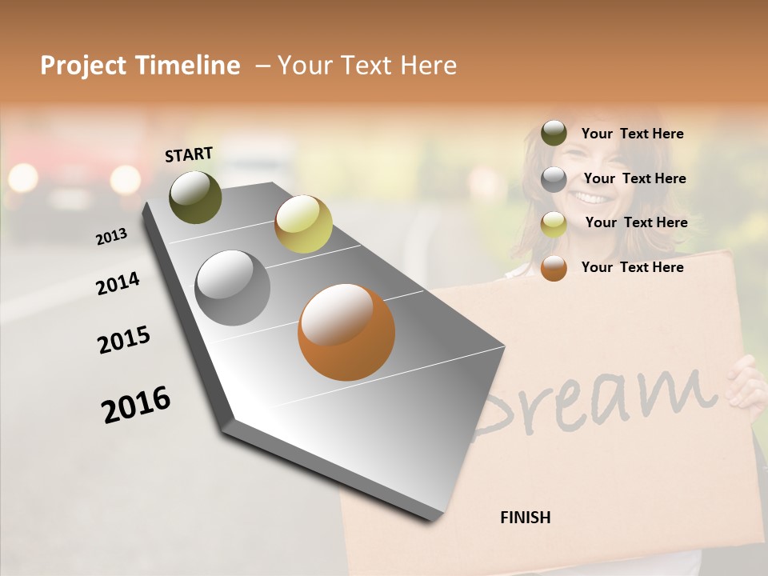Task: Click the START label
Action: click(189, 154)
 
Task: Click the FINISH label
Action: click(525, 518)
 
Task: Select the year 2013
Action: click(111, 237)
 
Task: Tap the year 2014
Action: click(118, 283)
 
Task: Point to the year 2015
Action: click(124, 340)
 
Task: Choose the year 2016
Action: click(136, 404)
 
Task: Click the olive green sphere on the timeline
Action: click(195, 197)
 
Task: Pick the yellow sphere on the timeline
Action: click(303, 223)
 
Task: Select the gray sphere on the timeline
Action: click(233, 288)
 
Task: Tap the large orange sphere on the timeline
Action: click(346, 332)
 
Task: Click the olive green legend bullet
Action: click(554, 133)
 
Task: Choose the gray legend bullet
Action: click(554, 178)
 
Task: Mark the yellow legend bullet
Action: click(554, 223)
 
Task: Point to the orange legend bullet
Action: click(554, 268)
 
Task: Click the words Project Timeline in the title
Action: click(140, 66)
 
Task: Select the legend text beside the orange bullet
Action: click(632, 267)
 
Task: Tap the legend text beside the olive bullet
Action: click(632, 134)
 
